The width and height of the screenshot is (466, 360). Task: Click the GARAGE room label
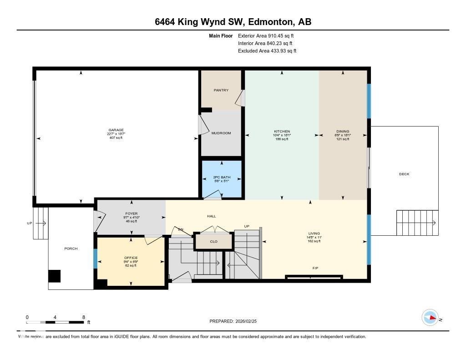pos(116,130)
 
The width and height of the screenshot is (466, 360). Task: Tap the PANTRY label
pos(221,90)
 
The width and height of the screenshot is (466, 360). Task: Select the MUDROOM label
pos(221,133)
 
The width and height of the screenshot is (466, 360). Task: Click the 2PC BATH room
pos(221,178)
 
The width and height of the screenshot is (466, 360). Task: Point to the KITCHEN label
pos(282,132)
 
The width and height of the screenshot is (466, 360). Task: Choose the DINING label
pos(343,132)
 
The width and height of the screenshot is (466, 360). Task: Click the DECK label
pos(404,174)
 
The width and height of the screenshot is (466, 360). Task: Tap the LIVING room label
pos(314,233)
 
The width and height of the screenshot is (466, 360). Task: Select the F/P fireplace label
pos(315,268)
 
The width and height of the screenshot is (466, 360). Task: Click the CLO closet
pos(213,242)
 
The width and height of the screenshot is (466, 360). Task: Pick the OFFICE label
pos(131,258)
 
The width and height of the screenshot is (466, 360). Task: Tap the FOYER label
pos(132,213)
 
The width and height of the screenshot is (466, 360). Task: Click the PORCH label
pos(71,248)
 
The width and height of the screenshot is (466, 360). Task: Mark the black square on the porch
pos(54,276)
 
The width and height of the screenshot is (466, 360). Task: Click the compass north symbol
pos(430,318)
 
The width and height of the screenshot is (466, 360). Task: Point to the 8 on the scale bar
pos(83,317)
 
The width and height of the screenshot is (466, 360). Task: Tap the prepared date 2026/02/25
pos(249,321)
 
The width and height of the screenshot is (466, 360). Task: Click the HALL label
pos(212,216)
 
